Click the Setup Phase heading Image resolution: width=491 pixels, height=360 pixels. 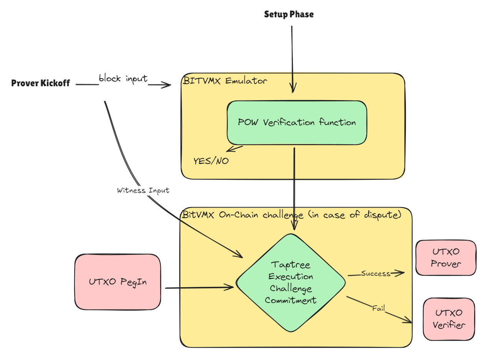tap(289, 15)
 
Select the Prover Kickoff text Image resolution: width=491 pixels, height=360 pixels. tap(41, 83)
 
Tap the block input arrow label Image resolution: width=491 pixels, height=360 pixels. tap(123, 79)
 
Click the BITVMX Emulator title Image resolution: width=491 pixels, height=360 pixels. tap(225, 81)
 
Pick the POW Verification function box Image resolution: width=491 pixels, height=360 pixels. tap(297, 122)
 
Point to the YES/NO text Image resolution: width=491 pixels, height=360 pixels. tap(211, 161)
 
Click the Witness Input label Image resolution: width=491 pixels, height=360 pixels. tap(143, 191)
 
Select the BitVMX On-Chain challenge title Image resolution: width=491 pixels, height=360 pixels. tap(292, 214)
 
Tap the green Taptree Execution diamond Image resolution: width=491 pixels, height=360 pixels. tap(291, 283)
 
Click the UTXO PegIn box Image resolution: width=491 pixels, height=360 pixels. tap(117, 282)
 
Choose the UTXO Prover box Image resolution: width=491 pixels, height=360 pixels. tap(446, 258)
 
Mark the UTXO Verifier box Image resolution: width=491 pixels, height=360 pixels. tap(448, 319)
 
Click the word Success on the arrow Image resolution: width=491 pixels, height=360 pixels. tap(375, 273)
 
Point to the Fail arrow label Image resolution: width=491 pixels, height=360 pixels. tap(378, 308)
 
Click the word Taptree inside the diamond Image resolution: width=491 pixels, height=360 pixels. tap(291, 265)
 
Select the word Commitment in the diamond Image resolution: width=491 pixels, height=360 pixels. tap(291, 300)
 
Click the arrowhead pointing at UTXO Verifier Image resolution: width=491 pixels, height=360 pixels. tap(409, 321)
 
